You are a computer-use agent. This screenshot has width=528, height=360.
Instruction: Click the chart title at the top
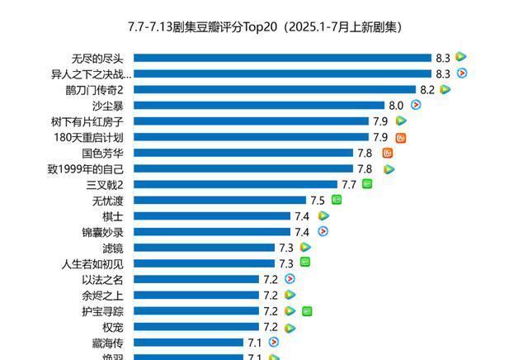[x=265, y=26]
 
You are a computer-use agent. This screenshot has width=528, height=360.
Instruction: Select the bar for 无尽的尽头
[x=282, y=58]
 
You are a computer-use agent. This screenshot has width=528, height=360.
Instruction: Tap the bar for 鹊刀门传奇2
[x=275, y=89]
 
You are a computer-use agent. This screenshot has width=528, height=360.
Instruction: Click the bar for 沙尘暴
[x=259, y=105]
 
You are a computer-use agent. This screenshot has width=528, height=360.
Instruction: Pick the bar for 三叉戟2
[x=235, y=184]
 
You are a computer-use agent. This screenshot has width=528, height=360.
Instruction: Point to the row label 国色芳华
[x=102, y=153]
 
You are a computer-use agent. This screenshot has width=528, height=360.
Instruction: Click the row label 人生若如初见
[x=92, y=263]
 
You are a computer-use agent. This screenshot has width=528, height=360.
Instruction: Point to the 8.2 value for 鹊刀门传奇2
[x=427, y=89]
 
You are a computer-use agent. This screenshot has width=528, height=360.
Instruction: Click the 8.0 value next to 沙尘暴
[x=396, y=106]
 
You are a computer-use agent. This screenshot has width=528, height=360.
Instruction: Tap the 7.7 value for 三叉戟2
[x=349, y=185]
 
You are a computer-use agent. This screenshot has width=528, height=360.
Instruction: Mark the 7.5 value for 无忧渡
[x=318, y=201]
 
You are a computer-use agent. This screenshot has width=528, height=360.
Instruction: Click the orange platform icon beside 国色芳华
[x=388, y=153]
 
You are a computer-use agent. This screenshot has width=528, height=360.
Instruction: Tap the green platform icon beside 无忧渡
[x=337, y=200]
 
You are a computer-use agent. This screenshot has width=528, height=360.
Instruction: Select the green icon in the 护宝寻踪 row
[x=307, y=311]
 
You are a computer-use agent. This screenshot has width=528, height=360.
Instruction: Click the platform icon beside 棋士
[x=323, y=216]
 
